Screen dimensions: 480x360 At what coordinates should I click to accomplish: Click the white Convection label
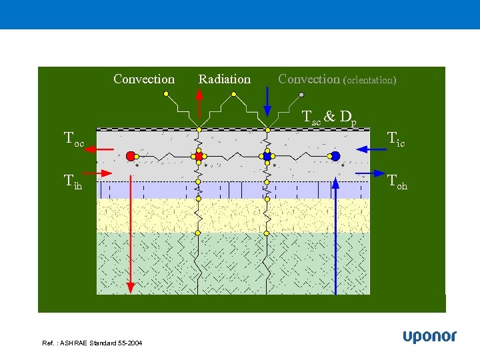pos(144,79)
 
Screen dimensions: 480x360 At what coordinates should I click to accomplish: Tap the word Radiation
pos(225,79)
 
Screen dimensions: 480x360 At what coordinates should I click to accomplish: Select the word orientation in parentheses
pos(369,80)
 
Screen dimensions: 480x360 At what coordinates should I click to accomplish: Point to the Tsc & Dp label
pos(329,117)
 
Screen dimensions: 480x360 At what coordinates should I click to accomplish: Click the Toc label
pos(73,139)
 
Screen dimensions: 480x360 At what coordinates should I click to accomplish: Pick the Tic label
pos(396,139)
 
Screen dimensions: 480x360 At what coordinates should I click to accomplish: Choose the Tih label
pos(73,181)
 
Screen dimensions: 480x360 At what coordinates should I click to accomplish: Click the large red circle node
pos(131,156)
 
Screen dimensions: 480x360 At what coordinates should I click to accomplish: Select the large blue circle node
pos(335,156)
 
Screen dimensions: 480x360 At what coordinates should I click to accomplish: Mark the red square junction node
pos(199,156)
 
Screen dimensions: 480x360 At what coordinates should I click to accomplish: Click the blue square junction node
pos(267,156)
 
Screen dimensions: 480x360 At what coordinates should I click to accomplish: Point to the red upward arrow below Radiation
pos(199,103)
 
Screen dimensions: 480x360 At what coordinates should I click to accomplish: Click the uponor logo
pos(429,337)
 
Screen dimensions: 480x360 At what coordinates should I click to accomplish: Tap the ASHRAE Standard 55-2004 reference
pos(92,343)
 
